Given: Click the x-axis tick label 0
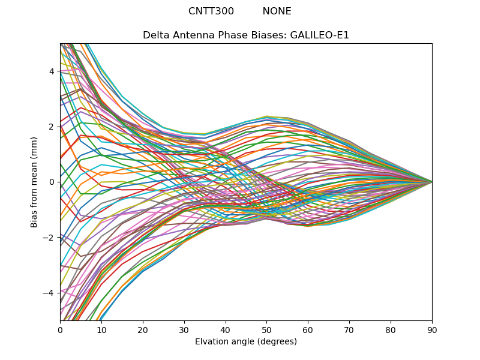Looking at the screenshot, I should pyautogui.click(x=60, y=329).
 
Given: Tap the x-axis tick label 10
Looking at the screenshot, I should pyautogui.click(x=101, y=329).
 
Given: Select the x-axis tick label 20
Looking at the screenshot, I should pyautogui.click(x=143, y=329).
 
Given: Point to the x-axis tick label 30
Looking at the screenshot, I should pyautogui.click(x=184, y=329).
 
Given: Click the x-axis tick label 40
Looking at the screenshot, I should pyautogui.click(x=226, y=329).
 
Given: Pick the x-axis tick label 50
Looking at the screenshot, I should pyautogui.click(x=266, y=329).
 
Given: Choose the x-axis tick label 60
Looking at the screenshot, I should pyautogui.click(x=308, y=329).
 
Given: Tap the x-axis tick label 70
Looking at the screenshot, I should pyautogui.click(x=349, y=329).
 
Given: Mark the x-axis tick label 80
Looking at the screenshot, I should pyautogui.click(x=391, y=329).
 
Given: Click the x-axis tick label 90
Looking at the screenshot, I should pyautogui.click(x=432, y=329).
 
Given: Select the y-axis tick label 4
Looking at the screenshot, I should pyautogui.click(x=52, y=71).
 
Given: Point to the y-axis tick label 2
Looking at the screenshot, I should pyautogui.click(x=52, y=127).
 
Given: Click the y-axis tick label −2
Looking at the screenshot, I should pyautogui.click(x=49, y=238).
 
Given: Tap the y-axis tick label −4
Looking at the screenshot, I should pyautogui.click(x=49, y=293).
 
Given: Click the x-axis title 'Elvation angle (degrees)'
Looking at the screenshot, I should pyautogui.click(x=246, y=341).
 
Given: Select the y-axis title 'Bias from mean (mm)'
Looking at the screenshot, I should pyautogui.click(x=34, y=182).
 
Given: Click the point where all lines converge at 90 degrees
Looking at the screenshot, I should pyautogui.click(x=432, y=182).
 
